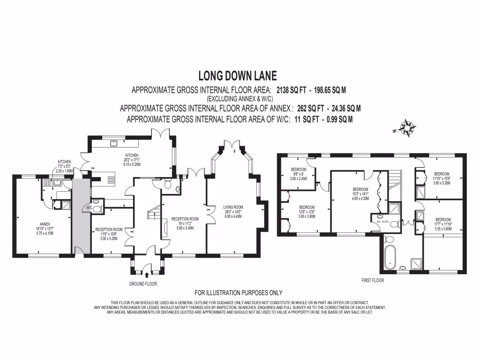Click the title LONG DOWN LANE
(238, 75)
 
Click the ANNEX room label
(45, 224)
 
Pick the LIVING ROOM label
(233, 207)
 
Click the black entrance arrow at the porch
(147, 275)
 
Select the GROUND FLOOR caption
(142, 284)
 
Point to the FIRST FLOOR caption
(373, 280)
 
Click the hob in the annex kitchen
(47, 183)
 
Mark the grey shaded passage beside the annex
(81, 216)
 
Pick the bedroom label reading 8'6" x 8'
(298, 174)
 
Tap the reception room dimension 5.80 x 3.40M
(185, 228)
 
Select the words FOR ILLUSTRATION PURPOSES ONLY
(239, 293)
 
